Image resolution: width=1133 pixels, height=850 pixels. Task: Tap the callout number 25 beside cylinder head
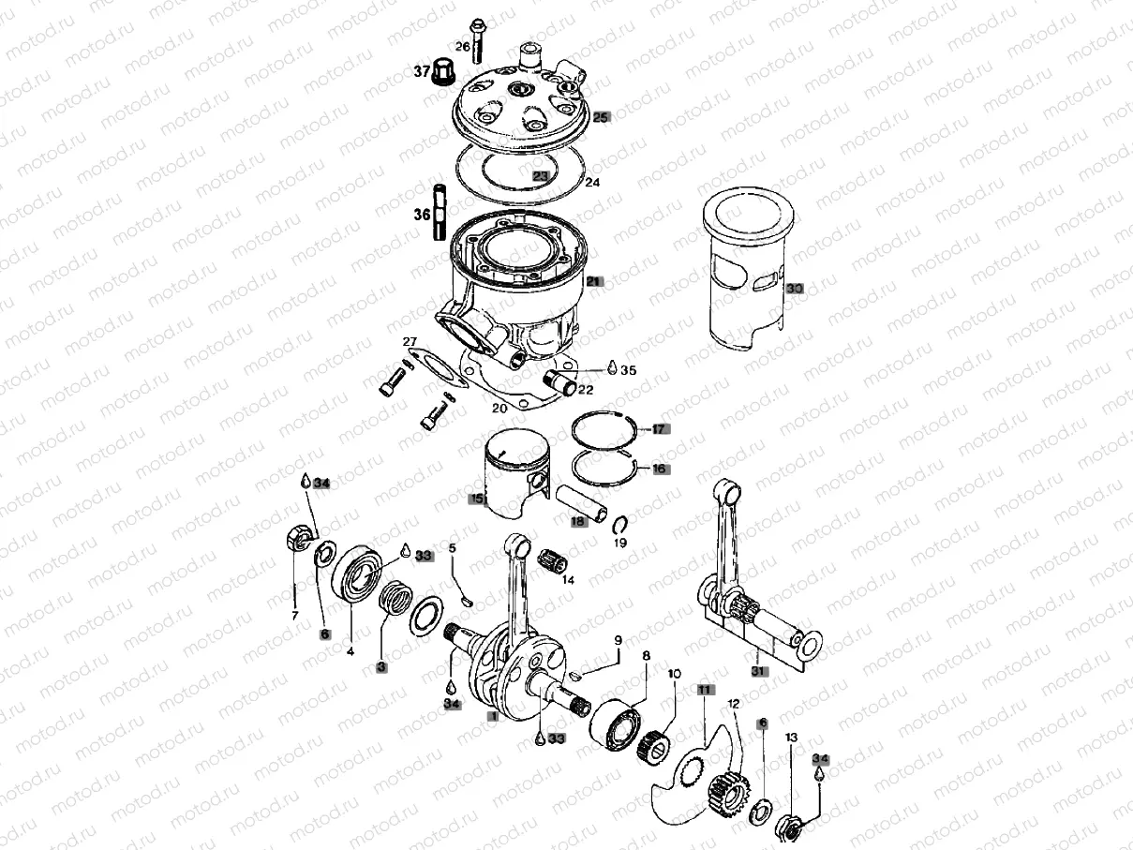click(601, 117)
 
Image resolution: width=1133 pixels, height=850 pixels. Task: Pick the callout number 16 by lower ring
click(660, 468)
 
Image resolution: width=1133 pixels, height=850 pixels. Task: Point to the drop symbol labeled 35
click(612, 368)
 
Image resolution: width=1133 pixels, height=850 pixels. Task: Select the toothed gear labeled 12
click(725, 793)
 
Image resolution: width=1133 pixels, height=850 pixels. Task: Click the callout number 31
click(756, 671)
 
